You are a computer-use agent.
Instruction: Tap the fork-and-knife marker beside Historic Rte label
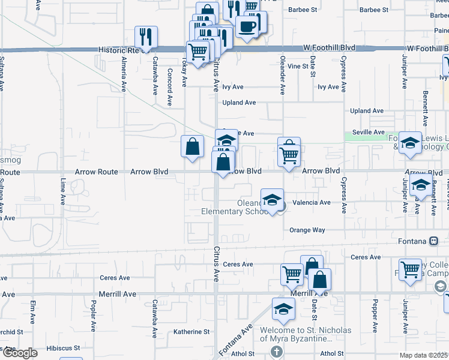pos(146,37)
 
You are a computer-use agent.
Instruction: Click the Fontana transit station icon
pos(433,241)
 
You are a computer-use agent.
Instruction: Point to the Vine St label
pos(298,66)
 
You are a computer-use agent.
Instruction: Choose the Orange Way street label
pos(307,230)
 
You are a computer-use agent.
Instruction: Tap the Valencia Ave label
pos(311,203)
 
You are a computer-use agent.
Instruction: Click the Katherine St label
pos(191,331)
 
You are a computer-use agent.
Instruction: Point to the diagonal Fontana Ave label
pos(243,338)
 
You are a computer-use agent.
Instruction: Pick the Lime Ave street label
pos(62,191)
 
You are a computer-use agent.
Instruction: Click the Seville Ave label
pos(369,132)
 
